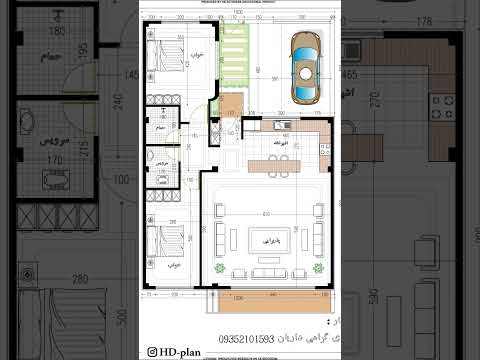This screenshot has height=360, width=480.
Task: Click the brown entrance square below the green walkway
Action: tap(231, 103)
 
